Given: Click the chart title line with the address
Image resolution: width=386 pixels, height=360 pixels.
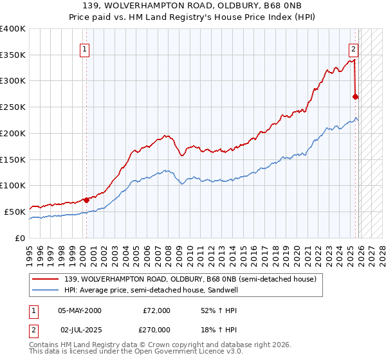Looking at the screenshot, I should tap(193, 6).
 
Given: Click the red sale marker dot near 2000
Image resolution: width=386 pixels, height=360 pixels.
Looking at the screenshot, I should tap(86, 199).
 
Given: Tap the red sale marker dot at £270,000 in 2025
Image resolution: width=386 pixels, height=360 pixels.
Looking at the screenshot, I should tap(356, 96).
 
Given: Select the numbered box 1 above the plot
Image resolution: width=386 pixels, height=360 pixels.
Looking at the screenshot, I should tap(85, 48).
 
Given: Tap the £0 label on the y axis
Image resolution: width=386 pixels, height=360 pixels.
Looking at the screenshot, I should tap(19, 238).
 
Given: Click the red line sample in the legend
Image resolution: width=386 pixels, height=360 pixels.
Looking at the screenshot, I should tap(46, 280).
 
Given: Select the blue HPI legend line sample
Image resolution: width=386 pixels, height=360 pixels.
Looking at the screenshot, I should tap(46, 291).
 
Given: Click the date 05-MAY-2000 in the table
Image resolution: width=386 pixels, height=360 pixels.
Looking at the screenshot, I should tap(79, 310).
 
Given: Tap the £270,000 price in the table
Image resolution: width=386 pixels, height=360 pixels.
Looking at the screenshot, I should tap(156, 329).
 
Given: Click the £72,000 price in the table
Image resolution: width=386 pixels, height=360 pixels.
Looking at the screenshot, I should tap(156, 310).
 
